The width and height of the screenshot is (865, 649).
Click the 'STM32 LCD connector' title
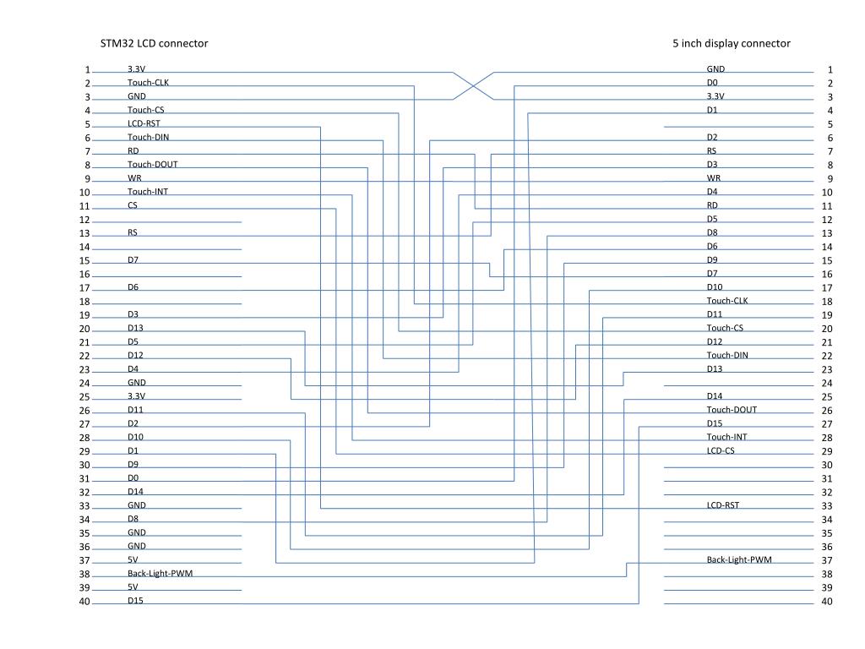tap(154, 44)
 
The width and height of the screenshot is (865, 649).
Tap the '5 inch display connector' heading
tap(732, 44)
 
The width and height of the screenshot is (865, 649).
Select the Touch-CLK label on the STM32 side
tap(148, 82)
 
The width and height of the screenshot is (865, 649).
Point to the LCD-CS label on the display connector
tap(721, 450)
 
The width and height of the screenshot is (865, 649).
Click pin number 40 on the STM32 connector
tap(84, 602)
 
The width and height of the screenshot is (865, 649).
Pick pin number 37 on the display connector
tap(827, 561)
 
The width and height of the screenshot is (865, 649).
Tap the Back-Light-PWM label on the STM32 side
tap(160, 574)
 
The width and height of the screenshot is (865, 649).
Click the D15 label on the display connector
tap(715, 423)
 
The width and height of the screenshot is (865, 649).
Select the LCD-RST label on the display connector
tap(723, 505)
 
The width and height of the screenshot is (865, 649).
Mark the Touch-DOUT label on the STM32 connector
tap(152, 164)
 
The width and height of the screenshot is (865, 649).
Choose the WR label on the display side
tap(714, 177)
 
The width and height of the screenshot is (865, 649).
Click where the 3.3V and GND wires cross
tap(473, 85)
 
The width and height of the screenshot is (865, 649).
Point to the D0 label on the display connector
tap(712, 82)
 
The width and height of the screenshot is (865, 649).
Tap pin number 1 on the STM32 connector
tap(87, 70)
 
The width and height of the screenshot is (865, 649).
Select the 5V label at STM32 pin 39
tap(133, 586)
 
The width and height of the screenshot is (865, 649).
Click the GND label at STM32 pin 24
tap(137, 383)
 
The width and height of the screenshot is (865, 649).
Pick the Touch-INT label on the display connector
tap(726, 437)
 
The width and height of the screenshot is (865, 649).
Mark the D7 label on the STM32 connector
tap(133, 259)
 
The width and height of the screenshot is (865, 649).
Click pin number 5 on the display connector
tap(830, 125)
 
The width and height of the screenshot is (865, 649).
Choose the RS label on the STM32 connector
tap(133, 232)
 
